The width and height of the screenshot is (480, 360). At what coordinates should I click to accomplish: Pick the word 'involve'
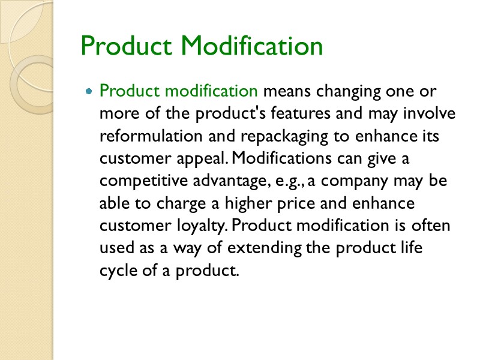click(x=432, y=114)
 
